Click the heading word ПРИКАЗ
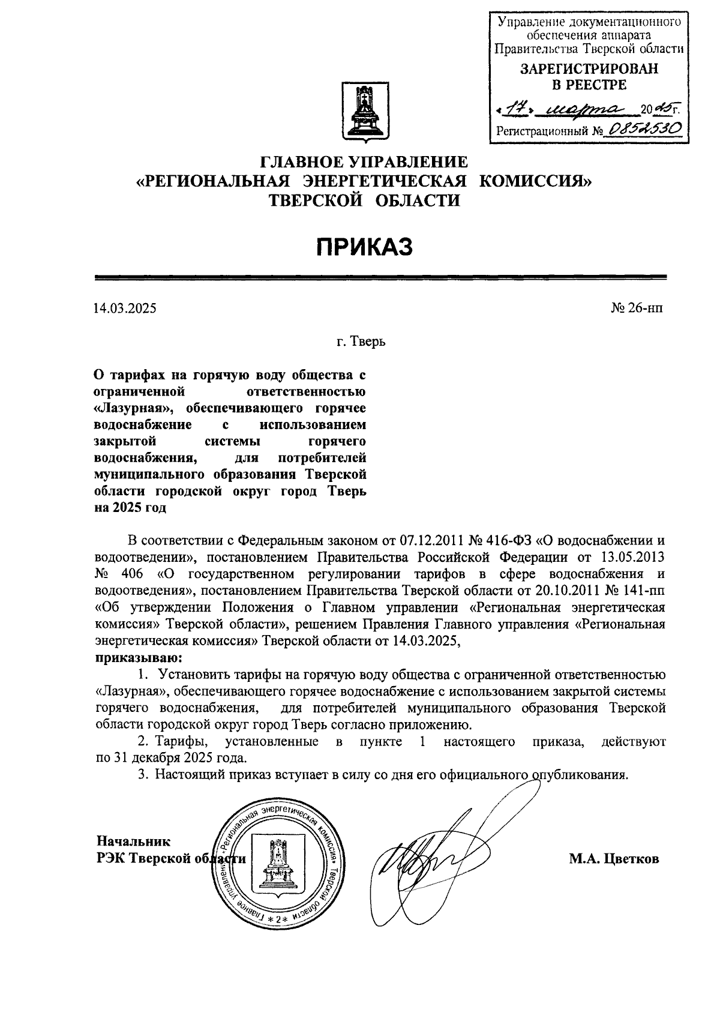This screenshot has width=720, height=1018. (x=365, y=247)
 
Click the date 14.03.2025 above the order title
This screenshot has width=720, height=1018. (x=124, y=309)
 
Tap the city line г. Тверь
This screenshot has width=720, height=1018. (x=360, y=343)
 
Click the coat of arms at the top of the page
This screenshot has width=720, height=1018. (x=363, y=113)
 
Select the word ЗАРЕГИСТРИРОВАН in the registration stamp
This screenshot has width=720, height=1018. (x=589, y=69)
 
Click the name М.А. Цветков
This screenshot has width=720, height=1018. (x=614, y=859)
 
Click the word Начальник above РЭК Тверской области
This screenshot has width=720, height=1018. (x=134, y=842)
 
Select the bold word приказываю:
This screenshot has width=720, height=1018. (x=139, y=658)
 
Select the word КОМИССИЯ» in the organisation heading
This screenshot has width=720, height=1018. (x=536, y=181)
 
